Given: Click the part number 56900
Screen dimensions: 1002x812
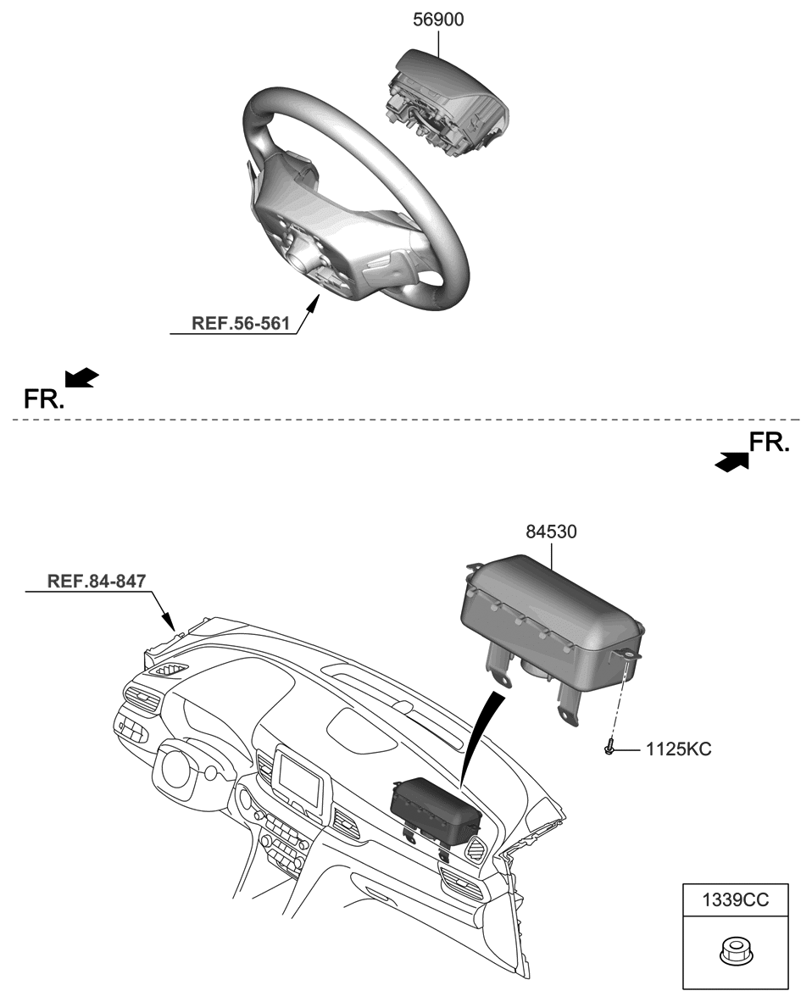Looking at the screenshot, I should pos(438,19).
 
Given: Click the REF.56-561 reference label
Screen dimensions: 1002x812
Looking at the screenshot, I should pos(241,323).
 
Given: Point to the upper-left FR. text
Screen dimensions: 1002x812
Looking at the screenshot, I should pos(43,398).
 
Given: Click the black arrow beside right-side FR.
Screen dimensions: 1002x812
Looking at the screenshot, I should pos(731,460).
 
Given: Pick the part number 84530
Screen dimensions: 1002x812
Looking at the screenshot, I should pos(551,532).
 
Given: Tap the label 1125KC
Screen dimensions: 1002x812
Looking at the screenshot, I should pos(678,749).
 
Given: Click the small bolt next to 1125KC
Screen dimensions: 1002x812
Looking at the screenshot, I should pos(610,749).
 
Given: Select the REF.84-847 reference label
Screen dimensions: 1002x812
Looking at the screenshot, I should pos(97,581).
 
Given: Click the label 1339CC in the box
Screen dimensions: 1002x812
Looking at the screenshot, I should pos(735,900).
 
